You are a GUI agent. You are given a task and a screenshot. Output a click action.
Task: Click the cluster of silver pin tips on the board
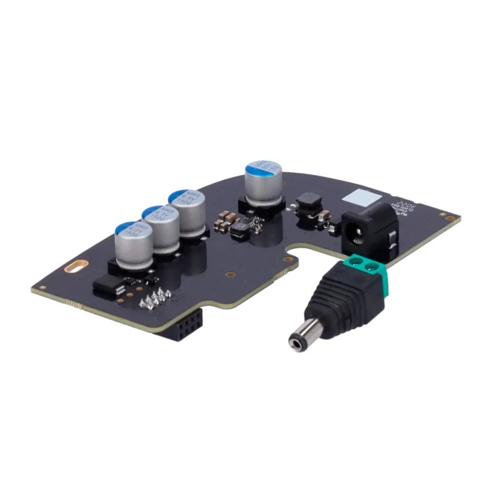[154, 298]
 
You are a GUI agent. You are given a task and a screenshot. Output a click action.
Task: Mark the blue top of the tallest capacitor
[263, 166]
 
